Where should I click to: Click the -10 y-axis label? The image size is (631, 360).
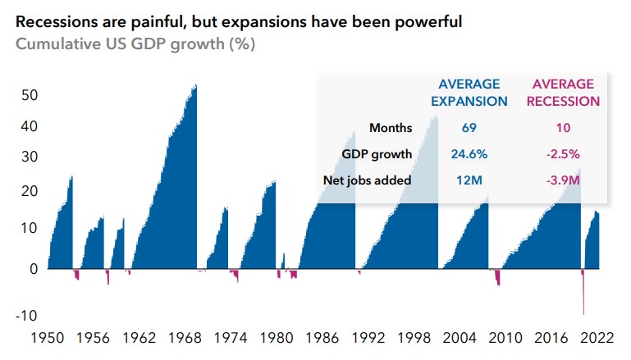28,316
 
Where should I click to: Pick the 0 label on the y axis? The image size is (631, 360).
34,268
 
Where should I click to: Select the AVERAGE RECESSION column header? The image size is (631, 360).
562,93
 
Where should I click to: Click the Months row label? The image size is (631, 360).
391,128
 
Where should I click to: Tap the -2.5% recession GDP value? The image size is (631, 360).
562,154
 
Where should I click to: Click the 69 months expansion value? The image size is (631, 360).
469,128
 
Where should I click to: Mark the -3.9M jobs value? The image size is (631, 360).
562,180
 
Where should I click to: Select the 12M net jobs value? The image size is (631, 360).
469,180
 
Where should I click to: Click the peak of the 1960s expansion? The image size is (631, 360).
195,85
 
